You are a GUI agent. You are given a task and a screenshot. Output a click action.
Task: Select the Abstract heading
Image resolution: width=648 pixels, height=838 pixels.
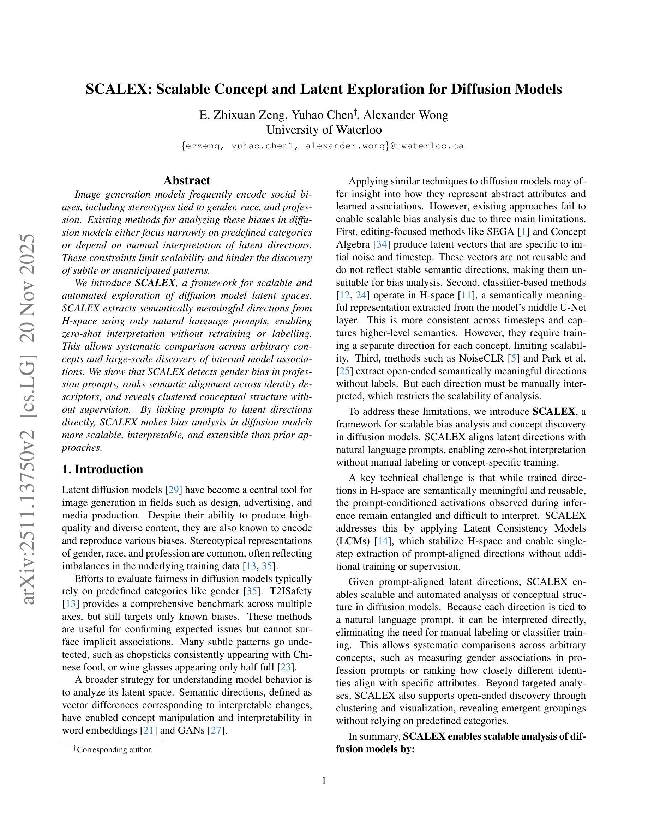pyautogui.click(x=187, y=180)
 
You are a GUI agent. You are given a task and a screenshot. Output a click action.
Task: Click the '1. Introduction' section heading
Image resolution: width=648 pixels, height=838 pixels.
pyautogui.click(x=102, y=469)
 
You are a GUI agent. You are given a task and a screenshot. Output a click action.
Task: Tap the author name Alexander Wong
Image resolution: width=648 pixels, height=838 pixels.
pyautogui.click(x=406, y=115)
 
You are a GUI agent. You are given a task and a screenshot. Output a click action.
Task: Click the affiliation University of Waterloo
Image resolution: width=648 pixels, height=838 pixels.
pyautogui.click(x=324, y=130)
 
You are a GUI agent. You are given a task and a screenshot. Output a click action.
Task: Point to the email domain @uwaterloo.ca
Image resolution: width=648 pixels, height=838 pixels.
pyautogui.click(x=427, y=146)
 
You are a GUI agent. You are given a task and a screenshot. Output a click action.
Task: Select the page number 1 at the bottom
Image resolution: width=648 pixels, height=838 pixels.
pyautogui.click(x=324, y=781)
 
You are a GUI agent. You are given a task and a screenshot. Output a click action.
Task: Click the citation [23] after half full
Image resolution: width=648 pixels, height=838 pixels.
pyautogui.click(x=286, y=667)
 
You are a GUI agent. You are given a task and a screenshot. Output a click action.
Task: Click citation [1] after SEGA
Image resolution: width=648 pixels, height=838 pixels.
pyautogui.click(x=522, y=232)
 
